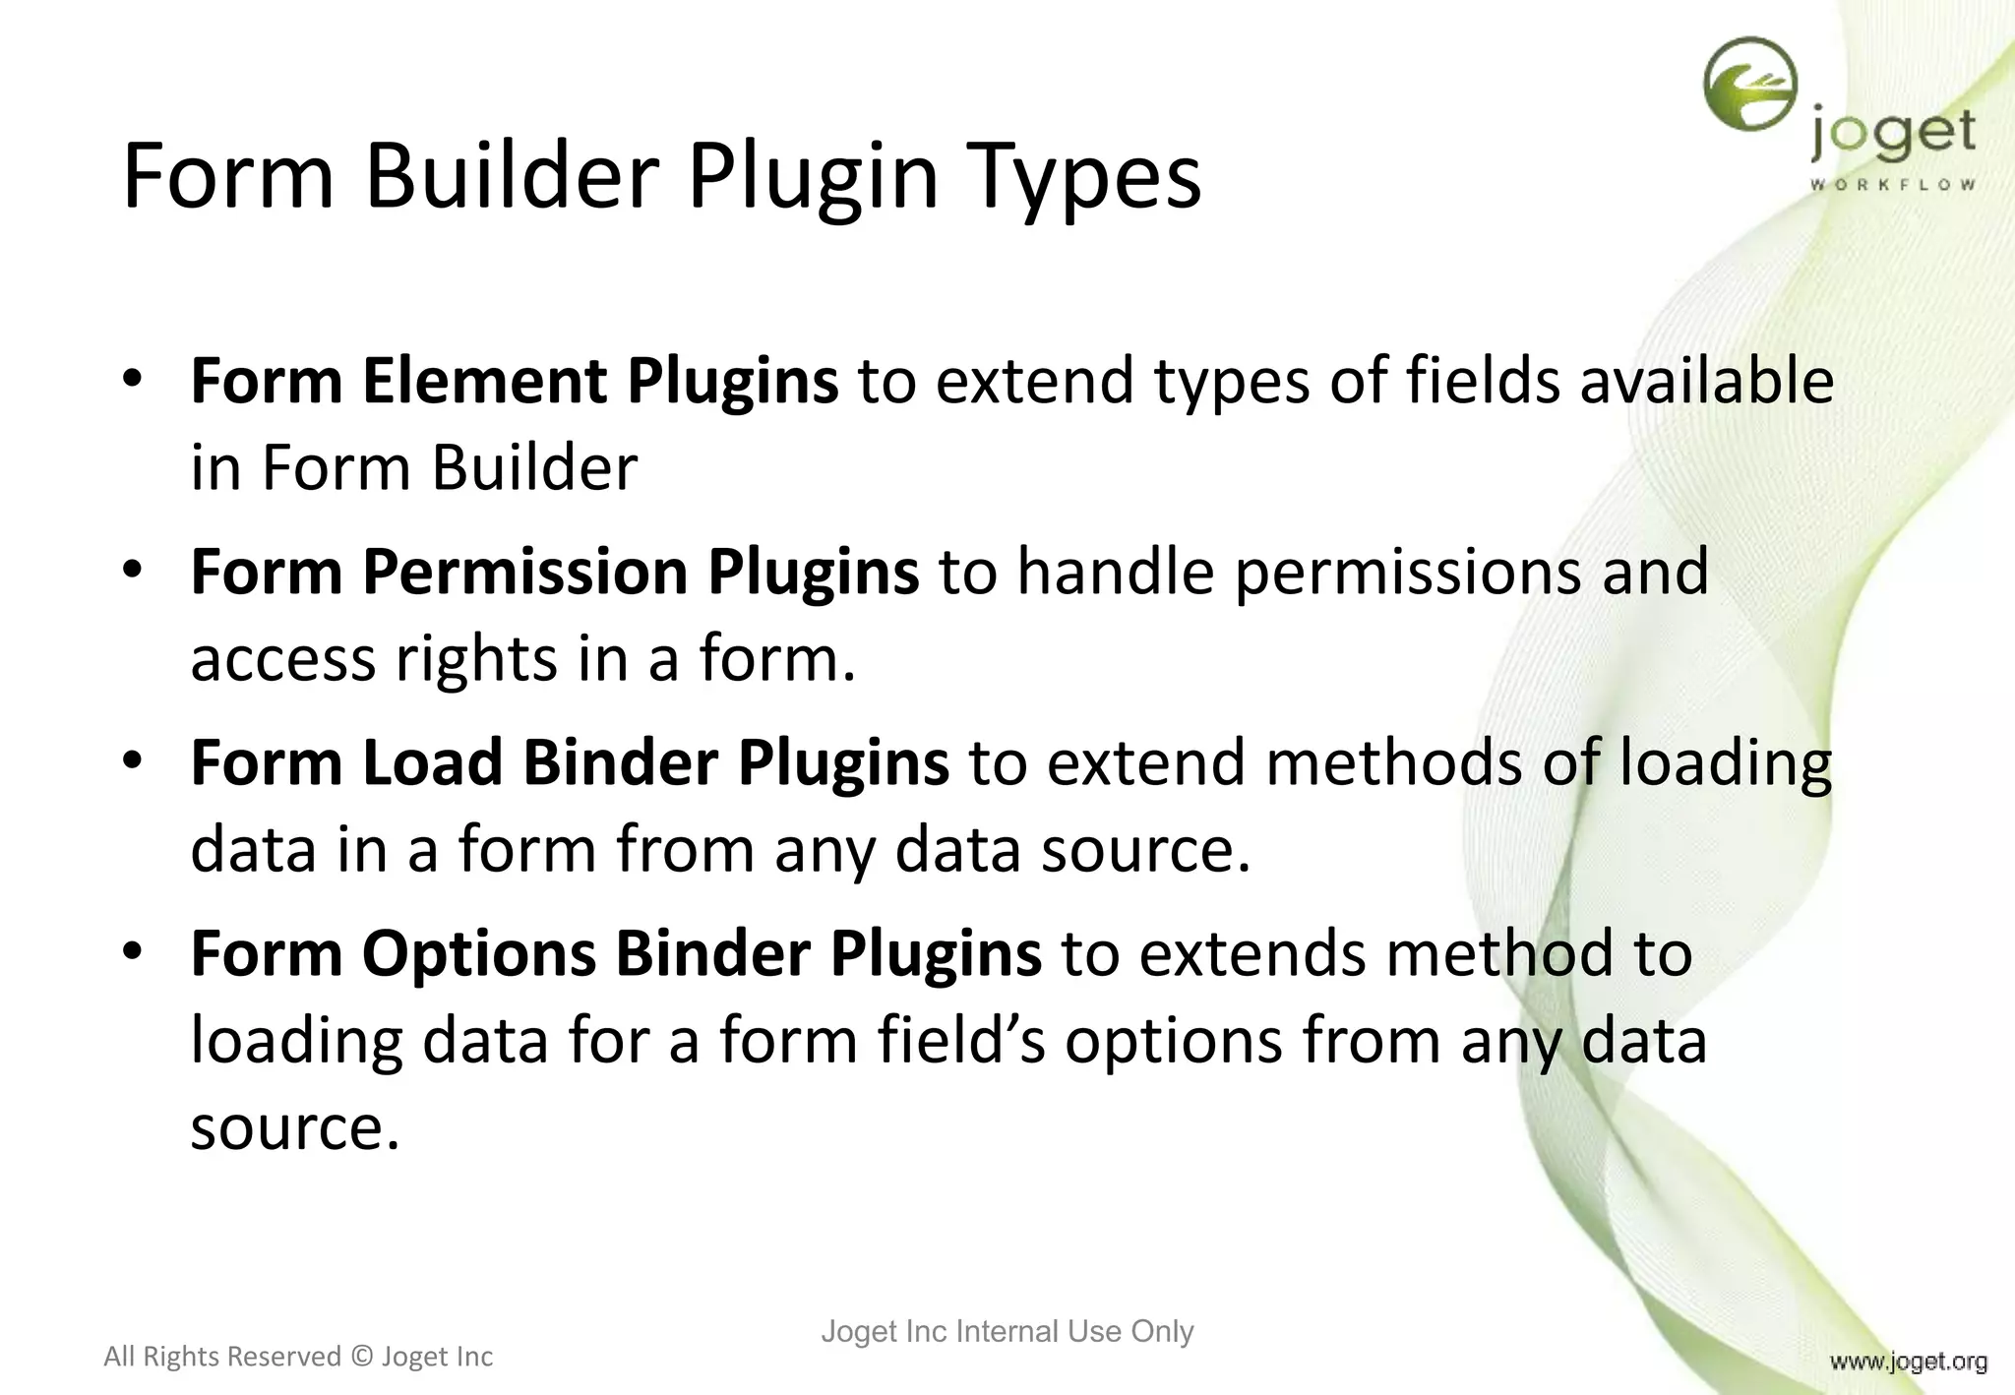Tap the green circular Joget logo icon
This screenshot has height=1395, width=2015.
coord(1750,85)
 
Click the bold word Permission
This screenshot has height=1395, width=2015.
coord(525,572)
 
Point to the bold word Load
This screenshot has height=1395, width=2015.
coord(432,762)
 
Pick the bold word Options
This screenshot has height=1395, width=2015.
coord(479,953)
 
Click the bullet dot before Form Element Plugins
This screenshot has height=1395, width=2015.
coord(134,379)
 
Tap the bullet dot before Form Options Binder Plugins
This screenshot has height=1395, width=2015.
coord(134,951)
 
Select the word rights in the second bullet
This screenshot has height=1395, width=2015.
coord(476,658)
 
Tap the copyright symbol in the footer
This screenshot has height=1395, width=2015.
coord(361,1357)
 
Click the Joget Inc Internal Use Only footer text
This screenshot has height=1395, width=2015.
coord(1007,1331)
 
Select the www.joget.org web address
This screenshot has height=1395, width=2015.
coord(1908,1362)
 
